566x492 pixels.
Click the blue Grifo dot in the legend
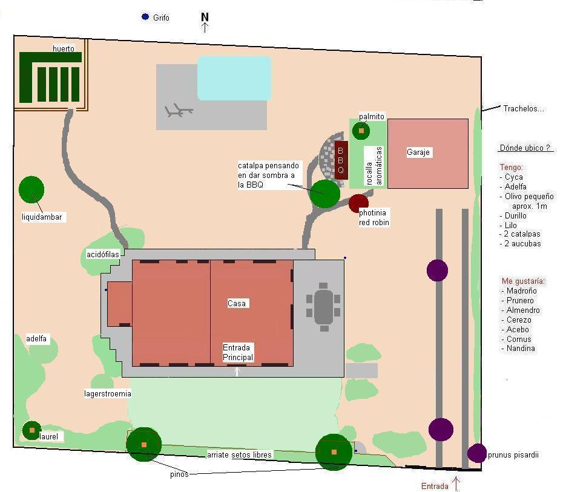[145, 16]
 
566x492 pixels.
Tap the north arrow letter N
[205, 16]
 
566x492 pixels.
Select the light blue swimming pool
[234, 78]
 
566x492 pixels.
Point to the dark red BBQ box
[341, 160]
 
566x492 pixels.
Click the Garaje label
[418, 152]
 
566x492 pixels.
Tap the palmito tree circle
[361, 131]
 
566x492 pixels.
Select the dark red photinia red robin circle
[358, 203]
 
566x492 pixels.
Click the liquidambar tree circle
[31, 189]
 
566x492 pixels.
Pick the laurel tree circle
[31, 430]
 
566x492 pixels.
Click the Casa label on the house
[237, 303]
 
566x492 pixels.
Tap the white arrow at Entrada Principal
[237, 372]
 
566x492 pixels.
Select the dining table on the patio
[323, 307]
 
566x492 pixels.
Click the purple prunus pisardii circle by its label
[477, 453]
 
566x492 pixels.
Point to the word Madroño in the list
[521, 290]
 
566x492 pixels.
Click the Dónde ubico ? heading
[525, 148]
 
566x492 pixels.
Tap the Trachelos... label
[524, 109]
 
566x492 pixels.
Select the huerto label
[64, 48]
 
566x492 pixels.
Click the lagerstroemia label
[108, 393]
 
